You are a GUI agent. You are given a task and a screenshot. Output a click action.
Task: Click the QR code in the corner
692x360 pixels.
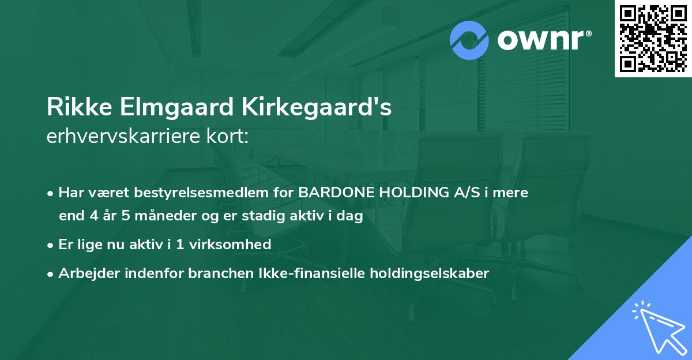point(653,38)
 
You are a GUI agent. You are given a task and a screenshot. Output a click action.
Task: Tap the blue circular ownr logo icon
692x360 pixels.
point(469,40)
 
